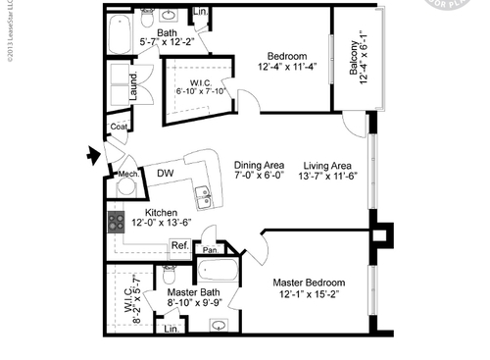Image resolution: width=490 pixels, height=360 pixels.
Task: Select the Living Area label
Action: [330, 165]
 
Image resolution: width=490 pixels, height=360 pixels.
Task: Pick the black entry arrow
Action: [93, 153]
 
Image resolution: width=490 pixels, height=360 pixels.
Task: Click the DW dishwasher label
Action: [166, 174]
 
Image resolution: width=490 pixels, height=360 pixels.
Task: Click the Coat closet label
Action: [120, 127]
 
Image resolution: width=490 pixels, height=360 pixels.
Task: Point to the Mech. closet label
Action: [126, 167]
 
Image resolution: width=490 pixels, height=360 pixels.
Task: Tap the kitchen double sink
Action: [203, 195]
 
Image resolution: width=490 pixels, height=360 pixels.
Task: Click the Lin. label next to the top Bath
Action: [200, 12]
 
